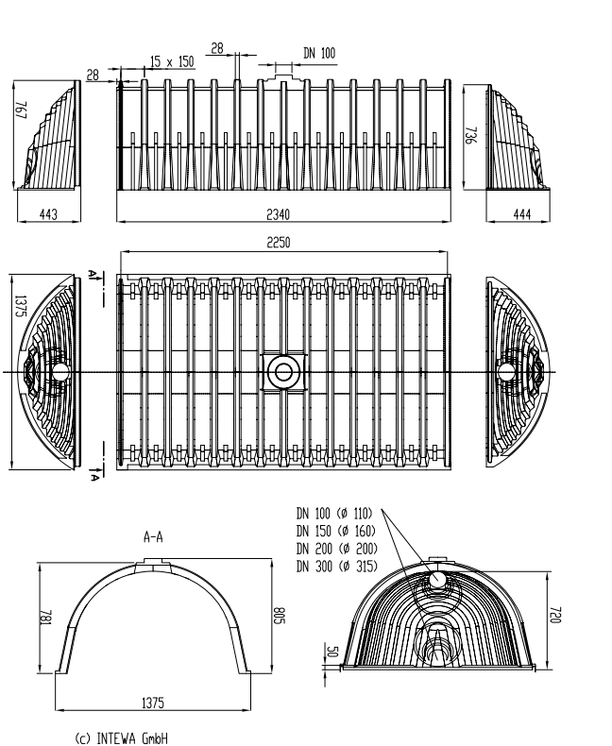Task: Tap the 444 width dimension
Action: click(521, 214)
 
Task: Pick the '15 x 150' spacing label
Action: click(171, 61)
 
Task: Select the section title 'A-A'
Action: click(153, 536)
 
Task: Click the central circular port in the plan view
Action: click(282, 372)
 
